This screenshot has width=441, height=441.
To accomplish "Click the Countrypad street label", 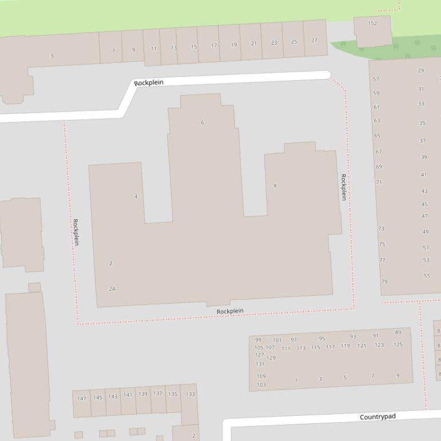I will click(377, 416).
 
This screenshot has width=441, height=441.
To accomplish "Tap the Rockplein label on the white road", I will click(149, 82).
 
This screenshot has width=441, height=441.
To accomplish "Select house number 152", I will click(372, 23).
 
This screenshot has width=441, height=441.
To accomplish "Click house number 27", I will click(314, 41).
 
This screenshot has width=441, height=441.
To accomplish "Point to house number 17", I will click(214, 46).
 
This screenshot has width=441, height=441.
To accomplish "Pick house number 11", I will click(153, 49).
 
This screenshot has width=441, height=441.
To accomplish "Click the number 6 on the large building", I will click(202, 123).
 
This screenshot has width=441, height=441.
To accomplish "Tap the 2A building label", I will click(112, 289).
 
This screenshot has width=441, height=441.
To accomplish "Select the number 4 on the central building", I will click(136, 196).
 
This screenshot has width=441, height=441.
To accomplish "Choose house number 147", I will click(82, 399).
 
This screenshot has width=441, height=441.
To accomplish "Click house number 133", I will click(190, 394).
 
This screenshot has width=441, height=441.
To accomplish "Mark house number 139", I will click(143, 394).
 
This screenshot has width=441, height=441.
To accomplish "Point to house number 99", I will click(258, 340).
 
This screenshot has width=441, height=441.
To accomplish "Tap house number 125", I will click(398, 345).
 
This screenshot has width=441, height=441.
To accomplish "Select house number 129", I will click(271, 358).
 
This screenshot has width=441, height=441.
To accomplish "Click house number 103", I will click(261, 385).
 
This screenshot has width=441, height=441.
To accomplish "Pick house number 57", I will click(376, 80).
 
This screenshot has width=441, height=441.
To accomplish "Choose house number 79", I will click(384, 281).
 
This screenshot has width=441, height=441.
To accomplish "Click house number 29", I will click(421, 70).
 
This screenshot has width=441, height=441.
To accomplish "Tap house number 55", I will click(427, 275).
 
